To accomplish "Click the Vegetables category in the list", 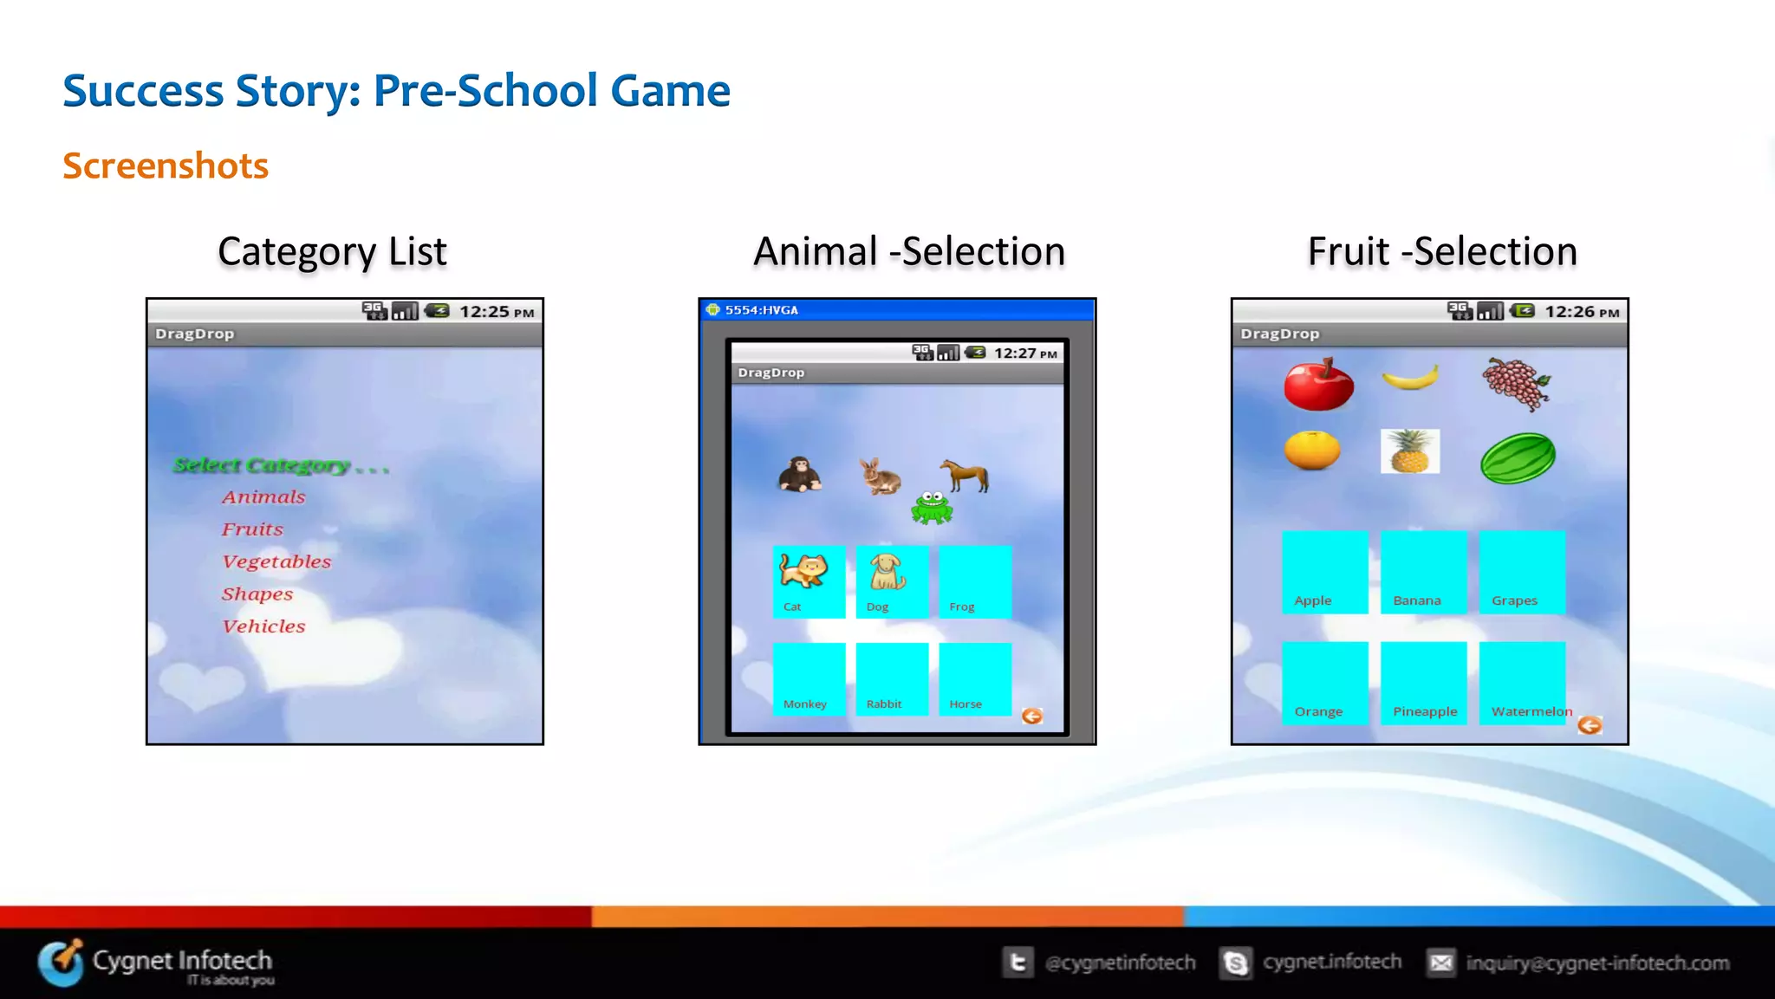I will pyautogui.click(x=276, y=561).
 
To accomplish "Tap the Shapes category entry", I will pyautogui.click(x=257, y=594).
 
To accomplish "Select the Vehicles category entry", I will pyautogui.click(x=263, y=626).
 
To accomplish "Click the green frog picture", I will pyautogui.click(x=932, y=508).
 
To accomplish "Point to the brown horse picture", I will pyautogui.click(x=966, y=474).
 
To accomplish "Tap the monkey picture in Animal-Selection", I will pyautogui.click(x=798, y=475).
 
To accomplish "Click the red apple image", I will pyautogui.click(x=1318, y=384).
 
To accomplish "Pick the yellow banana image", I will pyautogui.click(x=1410, y=378).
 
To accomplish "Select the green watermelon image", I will pyautogui.click(x=1518, y=457).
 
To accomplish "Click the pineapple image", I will pyautogui.click(x=1410, y=451).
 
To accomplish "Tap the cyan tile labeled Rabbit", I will pyautogui.click(x=892, y=679).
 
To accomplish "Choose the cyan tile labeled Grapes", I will pyautogui.click(x=1522, y=572).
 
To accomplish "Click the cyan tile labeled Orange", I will pyautogui.click(x=1324, y=682).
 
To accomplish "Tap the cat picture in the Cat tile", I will pyautogui.click(x=803, y=571).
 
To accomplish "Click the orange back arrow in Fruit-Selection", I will pyautogui.click(x=1590, y=725).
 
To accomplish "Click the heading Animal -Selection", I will pyautogui.click(x=909, y=252).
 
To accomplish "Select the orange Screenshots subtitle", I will pyautogui.click(x=166, y=165).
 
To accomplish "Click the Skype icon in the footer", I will pyautogui.click(x=1236, y=963).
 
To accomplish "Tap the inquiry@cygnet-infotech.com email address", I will pyautogui.click(x=1597, y=963).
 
